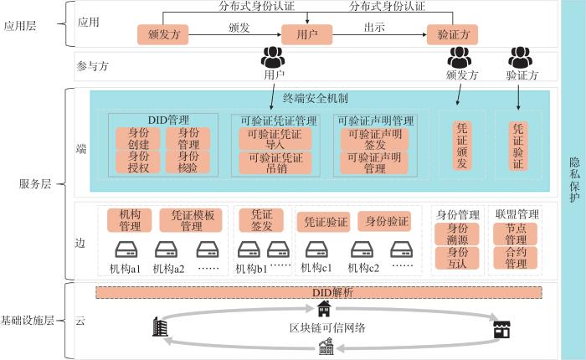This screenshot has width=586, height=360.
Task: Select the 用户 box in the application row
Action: [x=307, y=35]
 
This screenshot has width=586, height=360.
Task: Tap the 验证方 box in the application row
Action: [x=453, y=35]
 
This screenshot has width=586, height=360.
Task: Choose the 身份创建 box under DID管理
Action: [x=139, y=138]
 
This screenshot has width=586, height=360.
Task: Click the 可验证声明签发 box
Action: [x=374, y=138]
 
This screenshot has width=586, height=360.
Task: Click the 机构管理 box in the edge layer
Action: [x=130, y=219]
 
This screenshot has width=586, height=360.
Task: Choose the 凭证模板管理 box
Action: [x=192, y=219]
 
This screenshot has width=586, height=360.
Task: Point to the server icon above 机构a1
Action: [x=126, y=249]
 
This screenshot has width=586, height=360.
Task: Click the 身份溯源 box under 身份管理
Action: [x=458, y=234]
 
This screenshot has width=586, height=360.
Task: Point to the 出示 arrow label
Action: [x=374, y=27]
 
